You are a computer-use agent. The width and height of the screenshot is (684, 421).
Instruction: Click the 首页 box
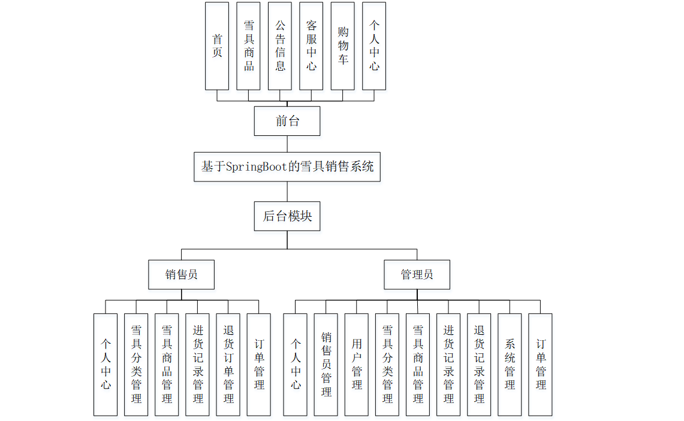pyautogui.click(x=217, y=46)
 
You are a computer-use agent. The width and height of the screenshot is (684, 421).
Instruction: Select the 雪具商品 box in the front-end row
pyautogui.click(x=249, y=46)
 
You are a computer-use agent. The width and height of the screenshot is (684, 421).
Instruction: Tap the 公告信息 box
pyautogui.click(x=280, y=46)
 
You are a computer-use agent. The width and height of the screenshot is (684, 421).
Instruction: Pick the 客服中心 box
pyautogui.click(x=311, y=46)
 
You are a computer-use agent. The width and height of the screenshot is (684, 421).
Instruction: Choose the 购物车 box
pyautogui.click(x=342, y=46)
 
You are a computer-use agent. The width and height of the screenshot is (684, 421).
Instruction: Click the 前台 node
pyautogui.click(x=287, y=121)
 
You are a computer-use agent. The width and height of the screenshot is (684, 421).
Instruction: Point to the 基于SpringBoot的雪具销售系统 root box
pyautogui.click(x=287, y=166)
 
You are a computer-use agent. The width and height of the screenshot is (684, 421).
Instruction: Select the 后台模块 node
pyautogui.click(x=287, y=216)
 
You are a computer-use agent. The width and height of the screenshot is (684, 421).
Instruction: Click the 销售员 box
pyautogui.click(x=182, y=275)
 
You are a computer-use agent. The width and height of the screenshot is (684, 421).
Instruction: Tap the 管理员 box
pyautogui.click(x=417, y=275)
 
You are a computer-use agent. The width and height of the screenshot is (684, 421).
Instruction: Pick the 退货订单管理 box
pyautogui.click(x=228, y=364)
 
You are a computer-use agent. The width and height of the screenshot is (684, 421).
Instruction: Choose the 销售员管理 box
pyautogui.click(x=326, y=364)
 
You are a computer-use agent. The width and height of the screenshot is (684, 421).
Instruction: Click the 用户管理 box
pyautogui.click(x=357, y=364)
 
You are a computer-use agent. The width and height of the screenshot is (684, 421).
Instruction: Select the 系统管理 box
pyautogui.click(x=510, y=364)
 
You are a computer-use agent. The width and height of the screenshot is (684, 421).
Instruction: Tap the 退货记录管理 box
pyautogui.click(x=479, y=364)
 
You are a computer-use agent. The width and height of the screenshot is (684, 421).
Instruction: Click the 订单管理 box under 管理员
pyautogui.click(x=540, y=364)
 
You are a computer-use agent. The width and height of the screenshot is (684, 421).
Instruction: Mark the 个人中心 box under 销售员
pyautogui.click(x=106, y=364)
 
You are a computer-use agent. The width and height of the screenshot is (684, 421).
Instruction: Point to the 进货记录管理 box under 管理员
pyautogui.click(x=448, y=364)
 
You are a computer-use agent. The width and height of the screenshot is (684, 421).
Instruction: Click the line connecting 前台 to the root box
pyautogui.click(x=287, y=144)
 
